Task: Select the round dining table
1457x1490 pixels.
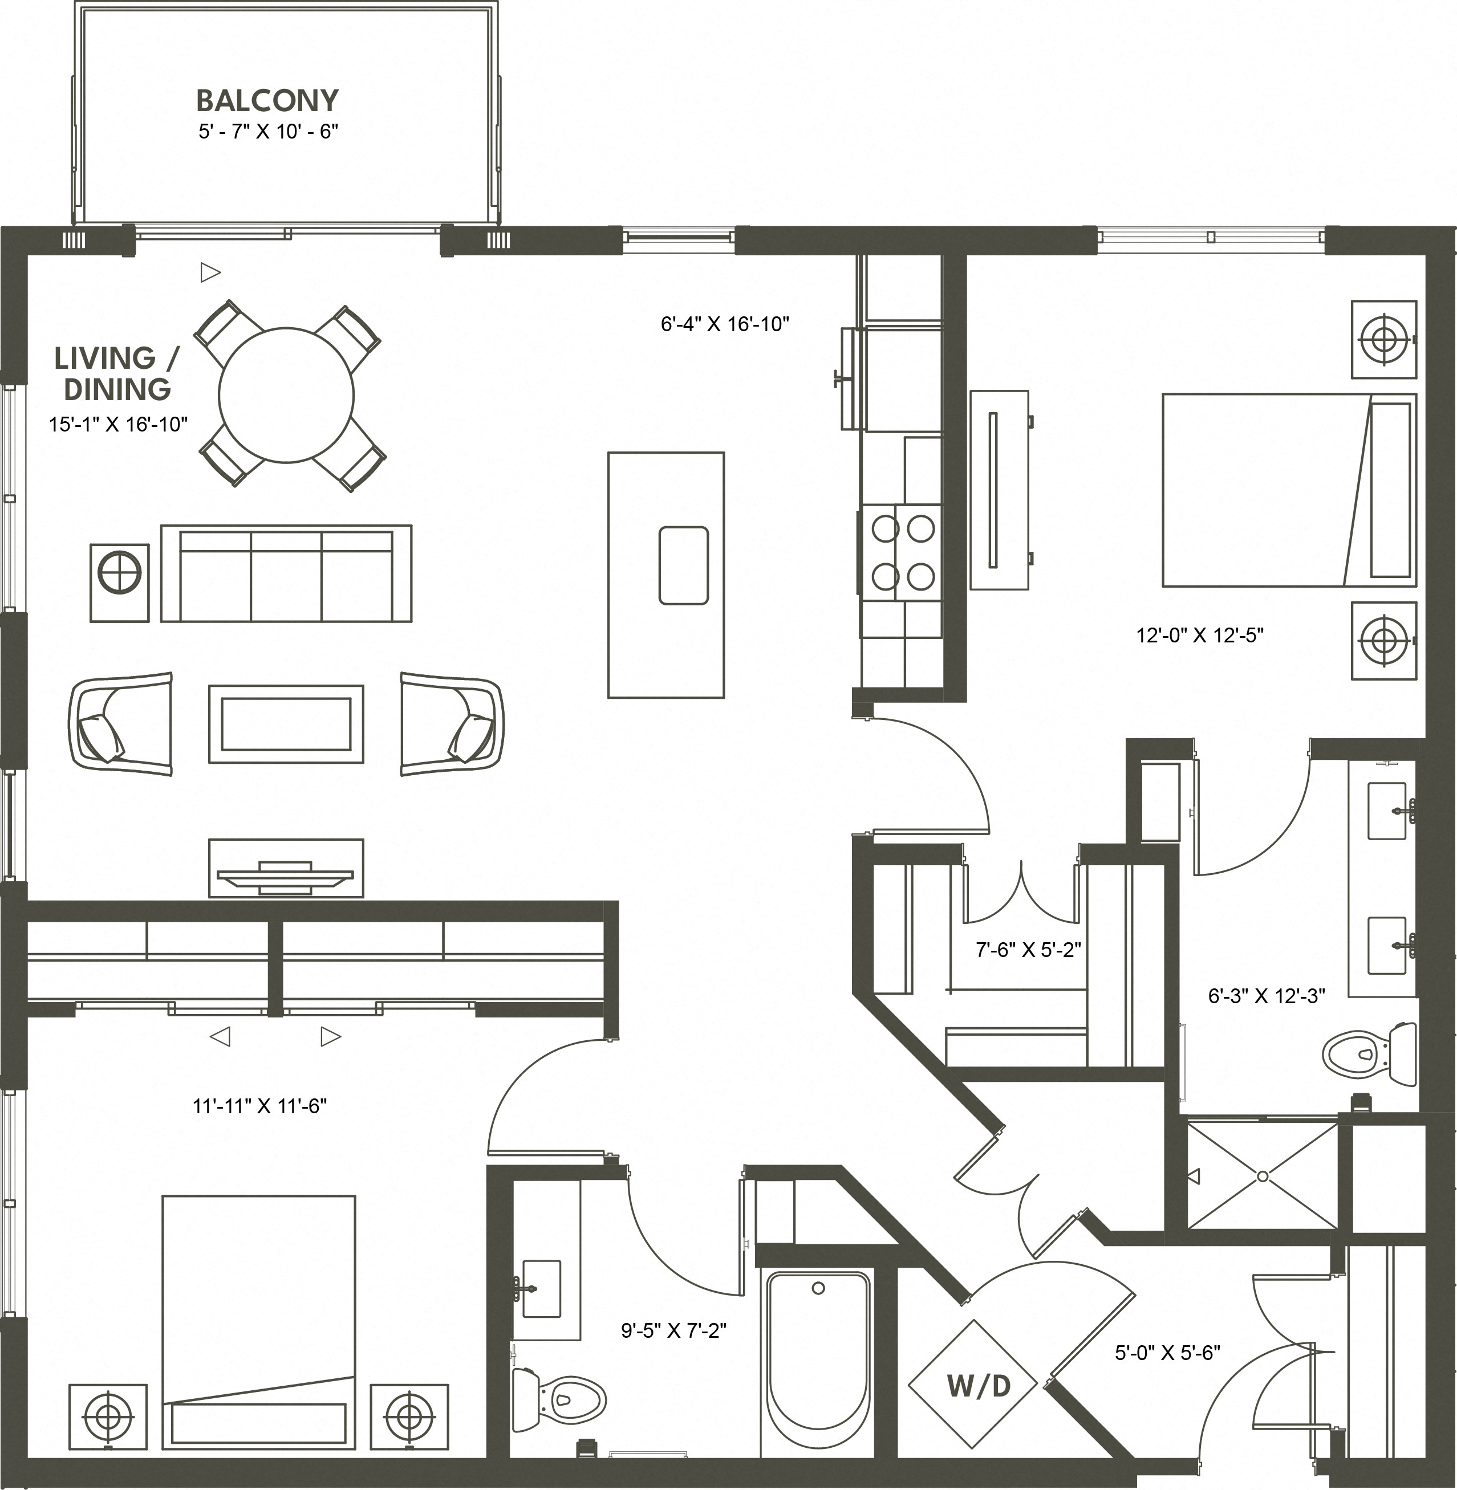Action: (286, 394)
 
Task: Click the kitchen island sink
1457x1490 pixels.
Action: (683, 565)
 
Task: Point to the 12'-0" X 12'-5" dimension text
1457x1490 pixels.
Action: (1199, 635)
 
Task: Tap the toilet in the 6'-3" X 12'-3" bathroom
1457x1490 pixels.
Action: (1369, 1054)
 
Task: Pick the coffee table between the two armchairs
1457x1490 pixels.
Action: (286, 723)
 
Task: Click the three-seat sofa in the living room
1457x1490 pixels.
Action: (286, 573)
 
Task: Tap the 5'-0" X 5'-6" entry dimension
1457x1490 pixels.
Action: (1167, 1353)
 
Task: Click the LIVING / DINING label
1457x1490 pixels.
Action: (117, 373)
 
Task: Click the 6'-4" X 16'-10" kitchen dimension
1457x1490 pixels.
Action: (725, 324)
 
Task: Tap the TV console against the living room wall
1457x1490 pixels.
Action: (286, 868)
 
